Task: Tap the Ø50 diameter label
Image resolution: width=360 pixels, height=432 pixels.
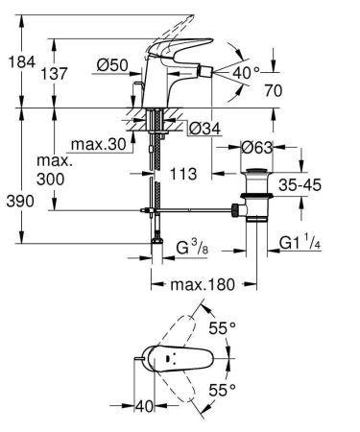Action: pyautogui.click(x=113, y=65)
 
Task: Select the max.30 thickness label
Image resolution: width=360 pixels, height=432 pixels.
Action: pyautogui.click(x=101, y=144)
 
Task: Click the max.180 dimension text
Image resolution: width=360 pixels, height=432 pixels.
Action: pyautogui.click(x=204, y=286)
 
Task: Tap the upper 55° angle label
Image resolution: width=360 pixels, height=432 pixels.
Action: pyautogui.click(x=224, y=327)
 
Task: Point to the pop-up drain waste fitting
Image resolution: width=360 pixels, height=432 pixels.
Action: pyautogui.click(x=256, y=193)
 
